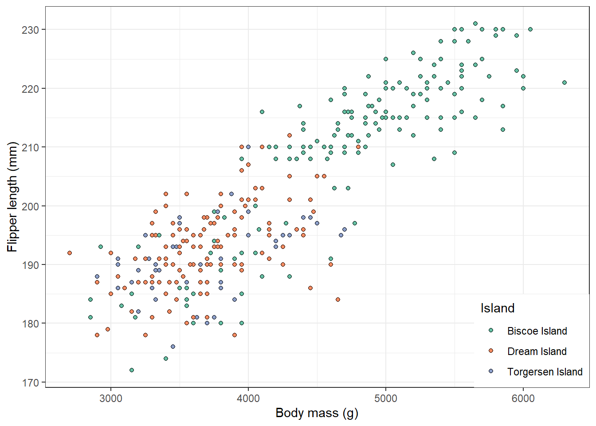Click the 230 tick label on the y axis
30,30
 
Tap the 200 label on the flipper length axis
30,206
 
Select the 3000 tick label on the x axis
111,398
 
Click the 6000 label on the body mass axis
523,398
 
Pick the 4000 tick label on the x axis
248,398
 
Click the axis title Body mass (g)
317,413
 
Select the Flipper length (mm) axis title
12,197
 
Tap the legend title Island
498,308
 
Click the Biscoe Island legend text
537,331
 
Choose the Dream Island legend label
537,351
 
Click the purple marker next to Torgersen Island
491,371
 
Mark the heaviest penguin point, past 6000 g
565,83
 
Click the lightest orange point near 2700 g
70,253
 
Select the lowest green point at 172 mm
131,370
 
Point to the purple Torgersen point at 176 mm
173,347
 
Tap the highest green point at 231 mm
475,24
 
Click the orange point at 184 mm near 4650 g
338,300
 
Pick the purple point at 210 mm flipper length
248,147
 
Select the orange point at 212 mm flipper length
290,135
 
